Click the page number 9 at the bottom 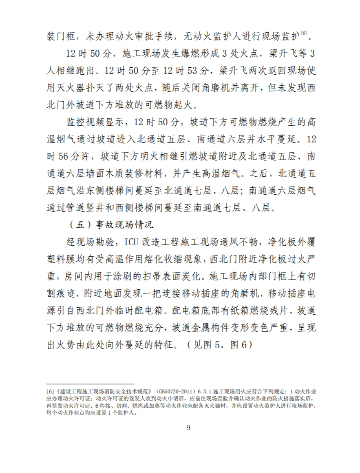click(188, 428)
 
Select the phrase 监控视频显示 click(92, 122)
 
